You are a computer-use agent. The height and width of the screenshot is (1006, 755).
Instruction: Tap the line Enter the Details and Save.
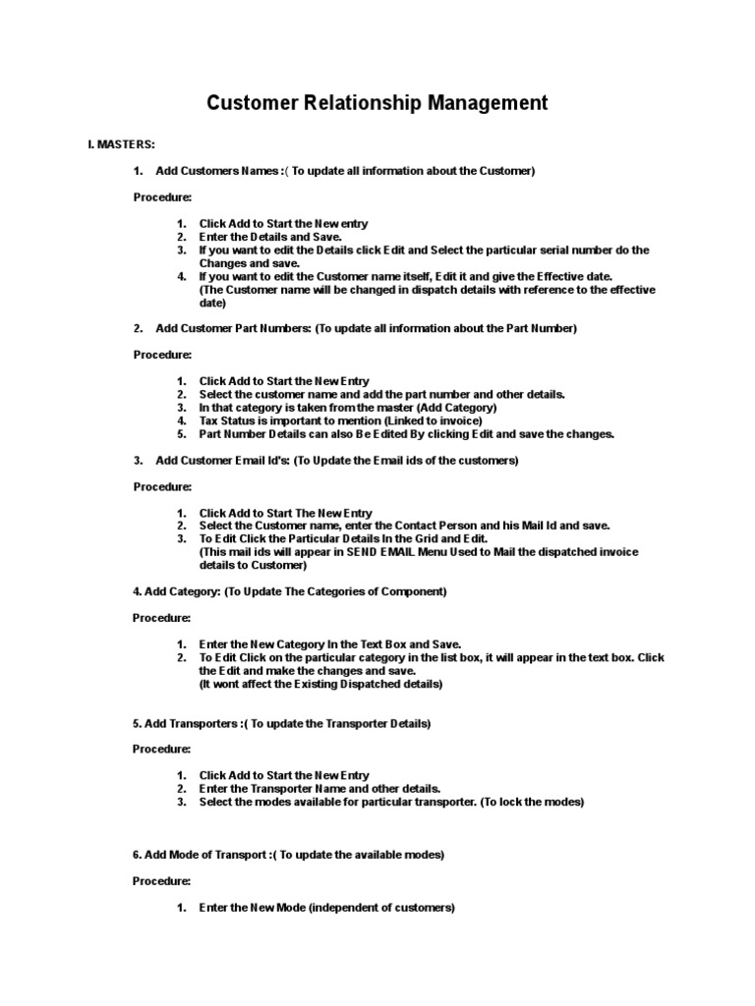click(270, 237)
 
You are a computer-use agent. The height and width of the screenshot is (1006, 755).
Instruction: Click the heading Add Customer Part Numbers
click(233, 328)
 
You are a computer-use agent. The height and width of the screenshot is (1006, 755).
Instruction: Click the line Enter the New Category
click(329, 644)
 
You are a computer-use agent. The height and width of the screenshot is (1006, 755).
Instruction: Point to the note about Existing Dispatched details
click(320, 684)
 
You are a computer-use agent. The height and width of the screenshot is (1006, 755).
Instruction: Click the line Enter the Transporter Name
click(319, 789)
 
